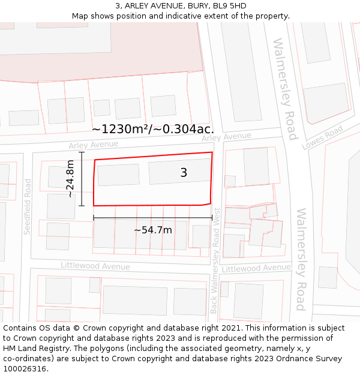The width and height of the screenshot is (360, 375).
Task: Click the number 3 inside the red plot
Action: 184,173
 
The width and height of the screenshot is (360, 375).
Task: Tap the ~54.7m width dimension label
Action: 152,230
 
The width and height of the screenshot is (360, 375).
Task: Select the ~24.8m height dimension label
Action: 70,178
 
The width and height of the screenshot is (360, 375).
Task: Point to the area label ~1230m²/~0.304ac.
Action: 153,128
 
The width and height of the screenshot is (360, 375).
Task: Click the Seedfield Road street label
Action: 27,206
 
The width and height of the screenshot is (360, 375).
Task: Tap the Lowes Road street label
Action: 322,137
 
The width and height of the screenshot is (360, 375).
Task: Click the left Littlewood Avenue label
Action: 95,266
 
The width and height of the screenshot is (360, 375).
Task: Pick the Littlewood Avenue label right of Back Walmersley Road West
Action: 256,268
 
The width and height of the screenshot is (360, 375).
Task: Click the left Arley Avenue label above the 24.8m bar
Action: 93,145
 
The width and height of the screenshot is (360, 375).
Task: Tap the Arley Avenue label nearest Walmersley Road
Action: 226,137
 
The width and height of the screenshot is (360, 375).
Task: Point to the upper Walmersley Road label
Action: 285,89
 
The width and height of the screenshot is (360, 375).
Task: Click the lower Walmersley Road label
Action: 302,259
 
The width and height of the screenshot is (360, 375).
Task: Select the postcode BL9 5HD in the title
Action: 229,6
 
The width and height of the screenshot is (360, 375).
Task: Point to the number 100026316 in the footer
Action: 25,368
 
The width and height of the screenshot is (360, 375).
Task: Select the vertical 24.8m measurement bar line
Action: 82,179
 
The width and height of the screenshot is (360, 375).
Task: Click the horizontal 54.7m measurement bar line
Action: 152,217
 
